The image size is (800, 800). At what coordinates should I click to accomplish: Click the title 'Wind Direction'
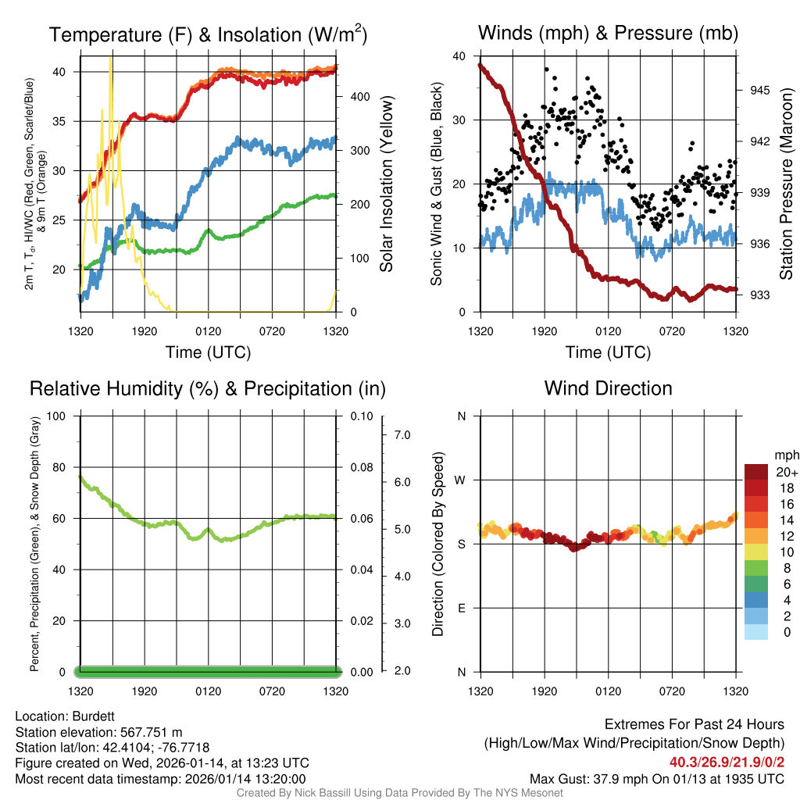coord(608,388)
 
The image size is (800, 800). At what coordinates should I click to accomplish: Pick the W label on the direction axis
coord(461,480)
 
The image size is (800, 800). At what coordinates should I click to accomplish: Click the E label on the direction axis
coord(462,608)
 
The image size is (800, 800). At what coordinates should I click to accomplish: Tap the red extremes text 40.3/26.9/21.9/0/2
coord(727,762)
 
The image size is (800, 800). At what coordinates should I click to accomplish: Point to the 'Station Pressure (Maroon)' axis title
coord(787,184)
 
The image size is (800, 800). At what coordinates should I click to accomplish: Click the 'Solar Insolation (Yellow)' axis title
coord(387,184)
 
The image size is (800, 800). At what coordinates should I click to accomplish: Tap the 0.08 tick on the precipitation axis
coord(361,468)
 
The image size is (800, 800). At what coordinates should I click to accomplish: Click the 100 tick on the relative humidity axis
coord(62,416)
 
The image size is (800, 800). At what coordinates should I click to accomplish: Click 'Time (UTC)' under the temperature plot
coord(208,352)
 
